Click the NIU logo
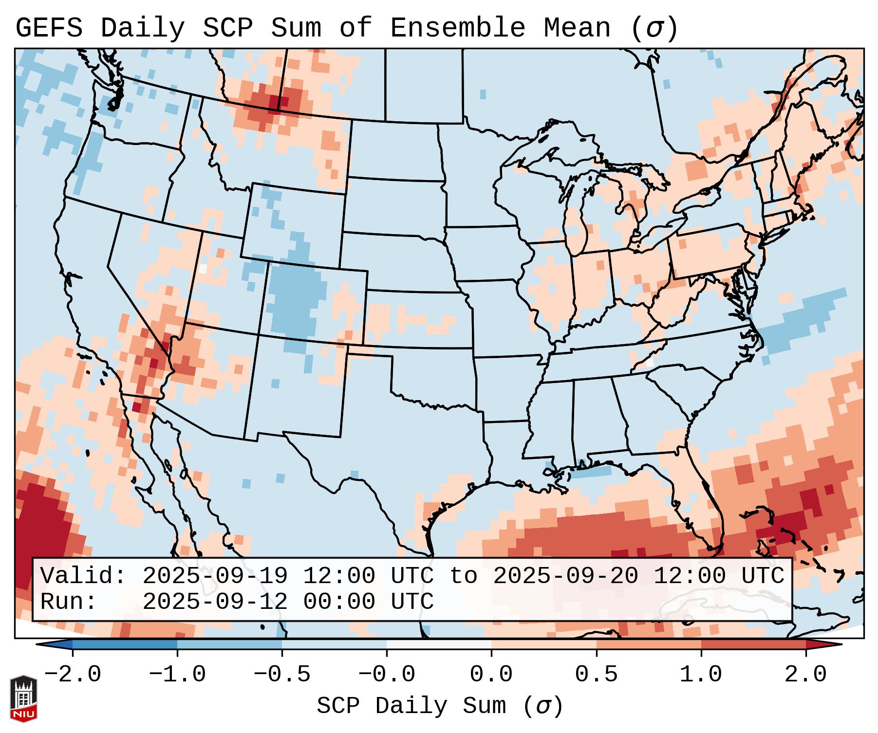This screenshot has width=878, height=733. (x=23, y=698)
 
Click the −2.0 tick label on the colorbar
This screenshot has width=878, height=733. (x=73, y=675)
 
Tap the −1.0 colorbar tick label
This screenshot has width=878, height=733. (x=177, y=675)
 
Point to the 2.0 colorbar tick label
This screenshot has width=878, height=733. (x=806, y=675)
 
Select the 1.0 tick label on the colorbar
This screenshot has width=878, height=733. (x=701, y=675)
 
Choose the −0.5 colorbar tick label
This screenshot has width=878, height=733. (x=282, y=675)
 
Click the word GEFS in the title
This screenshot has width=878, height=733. (x=49, y=28)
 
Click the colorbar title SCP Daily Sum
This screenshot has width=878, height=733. (x=411, y=706)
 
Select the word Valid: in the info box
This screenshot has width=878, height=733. (x=83, y=576)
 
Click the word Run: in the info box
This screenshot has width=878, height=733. (x=69, y=602)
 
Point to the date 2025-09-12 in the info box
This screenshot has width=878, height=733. (x=215, y=602)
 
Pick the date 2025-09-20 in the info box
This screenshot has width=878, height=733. (x=565, y=576)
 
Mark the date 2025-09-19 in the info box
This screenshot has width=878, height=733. (x=215, y=576)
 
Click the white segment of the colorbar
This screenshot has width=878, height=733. (x=439, y=644)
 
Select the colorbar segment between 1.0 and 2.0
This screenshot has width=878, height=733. (x=753, y=644)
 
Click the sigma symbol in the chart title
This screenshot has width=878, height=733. (x=654, y=29)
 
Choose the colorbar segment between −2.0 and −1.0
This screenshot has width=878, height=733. (x=125, y=644)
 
